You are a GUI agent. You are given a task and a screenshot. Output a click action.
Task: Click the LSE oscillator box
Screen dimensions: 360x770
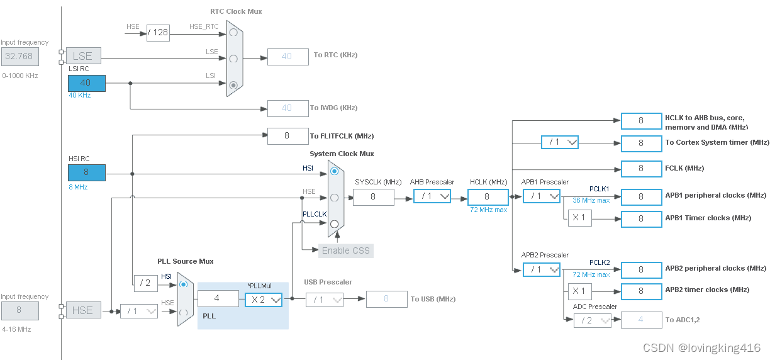83,56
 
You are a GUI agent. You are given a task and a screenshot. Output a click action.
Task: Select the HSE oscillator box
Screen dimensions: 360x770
83,310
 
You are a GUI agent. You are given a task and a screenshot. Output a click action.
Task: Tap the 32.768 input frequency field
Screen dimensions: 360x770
20,56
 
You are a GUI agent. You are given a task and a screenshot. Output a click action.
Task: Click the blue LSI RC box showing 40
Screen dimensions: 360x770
87,82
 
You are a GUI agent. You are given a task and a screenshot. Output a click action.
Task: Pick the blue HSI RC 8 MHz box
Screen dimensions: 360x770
87,172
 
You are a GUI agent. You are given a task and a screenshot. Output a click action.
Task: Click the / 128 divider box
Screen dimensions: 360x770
158,32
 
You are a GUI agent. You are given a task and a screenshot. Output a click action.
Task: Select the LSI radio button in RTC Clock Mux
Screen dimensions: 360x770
234,84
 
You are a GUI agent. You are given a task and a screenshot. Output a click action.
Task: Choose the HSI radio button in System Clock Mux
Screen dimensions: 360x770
334,171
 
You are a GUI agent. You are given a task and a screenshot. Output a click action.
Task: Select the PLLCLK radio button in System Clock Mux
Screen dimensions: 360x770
334,223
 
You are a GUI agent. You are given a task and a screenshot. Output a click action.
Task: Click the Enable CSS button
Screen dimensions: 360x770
345,250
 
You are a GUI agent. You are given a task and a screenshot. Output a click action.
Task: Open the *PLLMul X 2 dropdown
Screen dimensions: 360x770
264,300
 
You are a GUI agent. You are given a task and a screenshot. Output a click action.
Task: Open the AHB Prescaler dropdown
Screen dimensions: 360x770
432,196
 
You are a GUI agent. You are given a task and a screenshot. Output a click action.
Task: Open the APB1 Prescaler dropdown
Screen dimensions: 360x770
542,196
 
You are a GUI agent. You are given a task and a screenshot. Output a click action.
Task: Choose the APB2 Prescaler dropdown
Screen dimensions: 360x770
542,269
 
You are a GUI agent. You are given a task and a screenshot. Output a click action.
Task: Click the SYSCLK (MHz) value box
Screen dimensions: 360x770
373,197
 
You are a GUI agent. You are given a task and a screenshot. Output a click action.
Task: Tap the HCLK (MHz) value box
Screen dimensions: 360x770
487,197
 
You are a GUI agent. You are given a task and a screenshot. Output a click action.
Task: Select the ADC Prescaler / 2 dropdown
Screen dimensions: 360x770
592,320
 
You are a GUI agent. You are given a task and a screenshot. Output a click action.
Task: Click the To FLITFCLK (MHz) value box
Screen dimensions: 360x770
287,135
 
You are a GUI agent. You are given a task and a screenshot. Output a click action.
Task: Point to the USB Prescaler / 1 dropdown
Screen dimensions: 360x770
325,300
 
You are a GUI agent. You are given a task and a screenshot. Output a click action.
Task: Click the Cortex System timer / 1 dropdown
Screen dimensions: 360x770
560,142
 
